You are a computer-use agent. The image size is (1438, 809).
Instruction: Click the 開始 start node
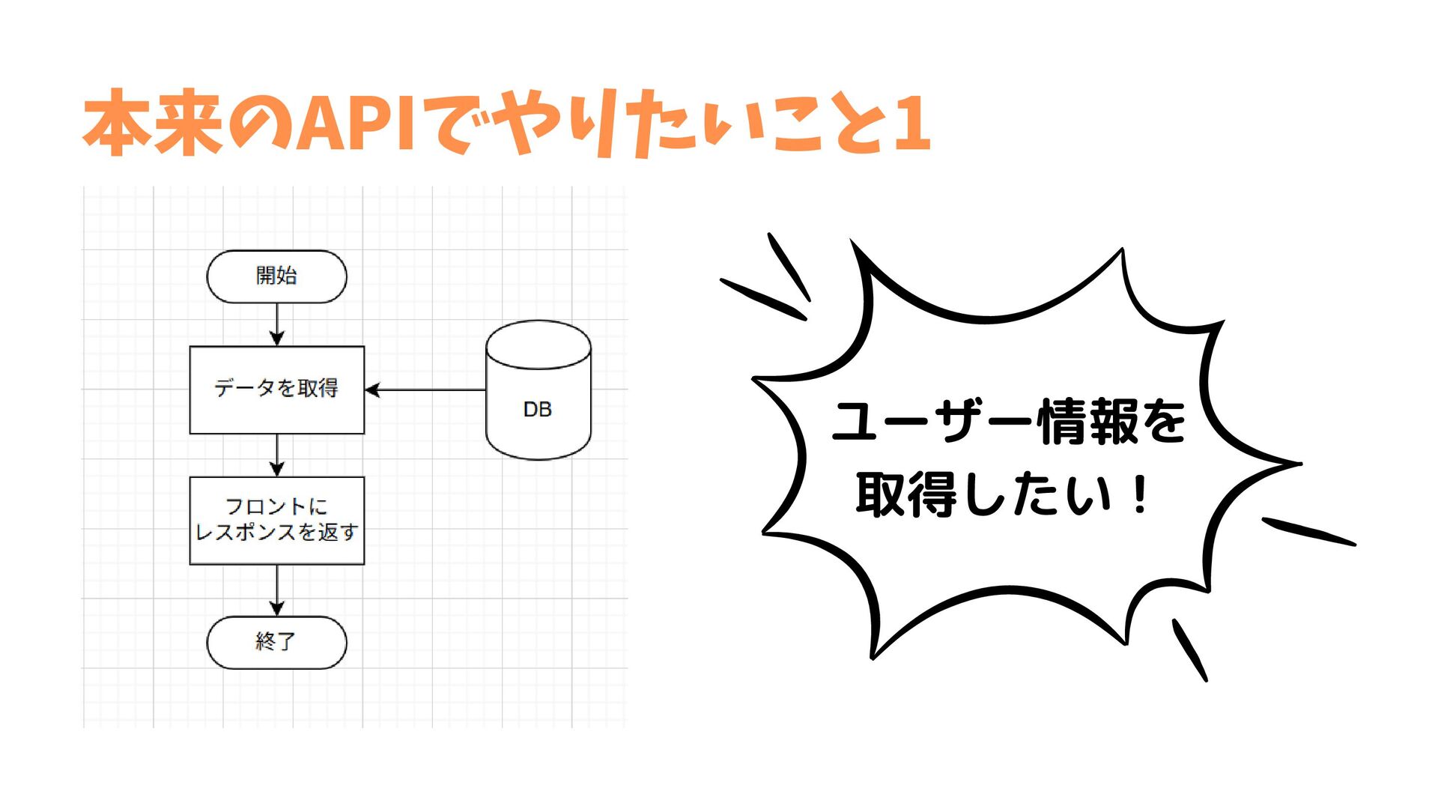point(276,276)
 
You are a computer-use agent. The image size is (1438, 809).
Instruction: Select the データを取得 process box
point(276,390)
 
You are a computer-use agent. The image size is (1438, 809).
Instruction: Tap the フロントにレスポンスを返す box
point(276,520)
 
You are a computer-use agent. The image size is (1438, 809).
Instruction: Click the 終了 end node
point(276,642)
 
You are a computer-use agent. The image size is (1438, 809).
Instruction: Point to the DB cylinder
point(538,390)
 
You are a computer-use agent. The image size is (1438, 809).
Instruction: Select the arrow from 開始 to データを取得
point(276,324)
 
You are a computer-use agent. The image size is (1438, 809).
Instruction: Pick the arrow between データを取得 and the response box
point(276,455)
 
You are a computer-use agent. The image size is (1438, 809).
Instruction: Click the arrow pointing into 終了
point(276,590)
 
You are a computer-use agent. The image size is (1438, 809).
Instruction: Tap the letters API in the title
point(357,124)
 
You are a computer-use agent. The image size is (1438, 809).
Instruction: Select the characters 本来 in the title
point(154,124)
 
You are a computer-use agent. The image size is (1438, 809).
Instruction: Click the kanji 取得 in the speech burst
point(906,494)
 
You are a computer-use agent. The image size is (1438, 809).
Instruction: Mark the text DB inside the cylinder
point(537,410)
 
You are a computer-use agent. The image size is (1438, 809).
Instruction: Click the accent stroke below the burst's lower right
point(1189,649)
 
